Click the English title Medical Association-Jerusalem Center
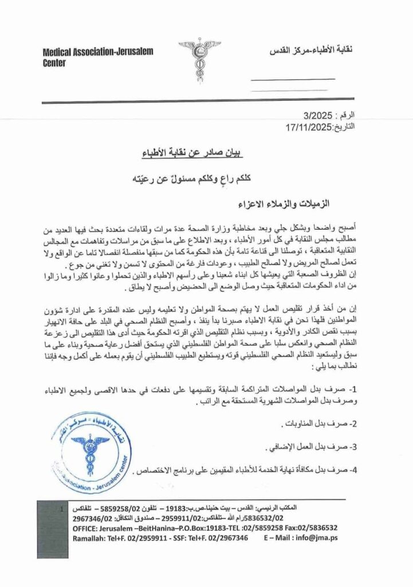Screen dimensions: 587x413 pos(98,57)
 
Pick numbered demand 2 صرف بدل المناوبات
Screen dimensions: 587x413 pos(318,425)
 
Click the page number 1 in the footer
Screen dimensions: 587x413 pos(61,509)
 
